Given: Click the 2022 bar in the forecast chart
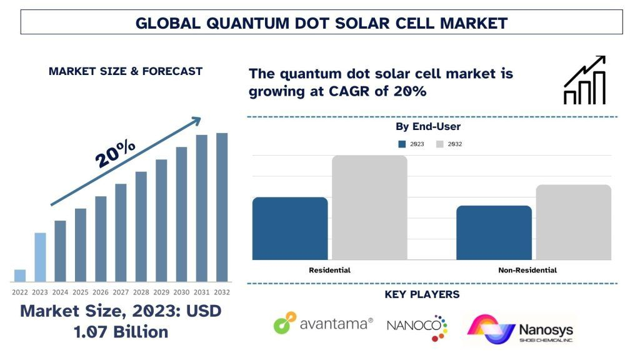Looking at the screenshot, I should point(20,275).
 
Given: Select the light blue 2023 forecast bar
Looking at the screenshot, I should point(40,257).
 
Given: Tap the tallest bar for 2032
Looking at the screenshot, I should point(222,207).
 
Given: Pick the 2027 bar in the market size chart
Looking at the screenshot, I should point(121,232).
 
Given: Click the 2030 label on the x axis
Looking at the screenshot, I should point(181,292).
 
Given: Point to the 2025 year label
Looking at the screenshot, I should point(80,292).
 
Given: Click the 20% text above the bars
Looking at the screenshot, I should point(116,152).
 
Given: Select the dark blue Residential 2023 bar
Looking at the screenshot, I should point(290,228).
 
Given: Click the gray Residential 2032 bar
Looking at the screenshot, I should point(369,207).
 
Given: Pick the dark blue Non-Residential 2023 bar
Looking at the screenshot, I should point(494,232).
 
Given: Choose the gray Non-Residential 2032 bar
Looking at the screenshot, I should point(573,222).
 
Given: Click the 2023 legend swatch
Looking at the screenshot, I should point(402,144).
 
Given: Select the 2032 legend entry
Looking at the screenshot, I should point(449,144).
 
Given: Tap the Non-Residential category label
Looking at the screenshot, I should point(527,271).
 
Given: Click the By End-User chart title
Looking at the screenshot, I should point(428,127).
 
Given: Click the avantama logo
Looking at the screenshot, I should point(323,324).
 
